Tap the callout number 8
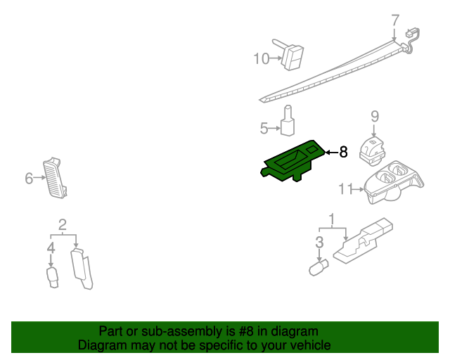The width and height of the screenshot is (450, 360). click(343, 152)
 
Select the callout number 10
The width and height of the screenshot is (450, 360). click(261, 58)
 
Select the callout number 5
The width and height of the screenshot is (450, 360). click(264, 128)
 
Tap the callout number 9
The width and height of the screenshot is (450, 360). click(375, 116)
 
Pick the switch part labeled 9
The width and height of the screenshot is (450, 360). click(371, 148)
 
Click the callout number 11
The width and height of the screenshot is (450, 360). click(345, 188)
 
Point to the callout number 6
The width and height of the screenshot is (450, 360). click(29, 179)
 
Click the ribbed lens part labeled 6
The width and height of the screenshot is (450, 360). click(58, 177)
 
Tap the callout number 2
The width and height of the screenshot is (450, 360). click(62, 225)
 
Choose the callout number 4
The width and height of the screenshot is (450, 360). click(51, 247)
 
